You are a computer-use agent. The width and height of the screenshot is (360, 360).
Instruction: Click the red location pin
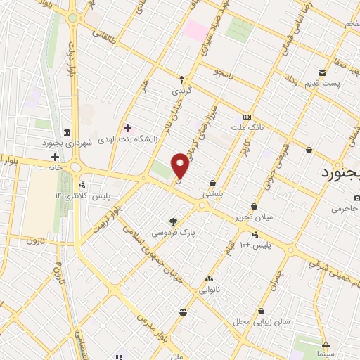pos(181,165)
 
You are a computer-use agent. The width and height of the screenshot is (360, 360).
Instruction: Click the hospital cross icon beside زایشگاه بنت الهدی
pos(127,128)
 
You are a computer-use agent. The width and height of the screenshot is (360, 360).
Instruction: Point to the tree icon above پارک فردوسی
pos(174,221)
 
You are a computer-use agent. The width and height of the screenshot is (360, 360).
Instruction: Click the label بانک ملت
pos(247,128)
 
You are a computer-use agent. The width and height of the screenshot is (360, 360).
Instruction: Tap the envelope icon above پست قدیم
pos(321,73)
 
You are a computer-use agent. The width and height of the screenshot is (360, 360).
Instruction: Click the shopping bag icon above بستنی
pos(212,183)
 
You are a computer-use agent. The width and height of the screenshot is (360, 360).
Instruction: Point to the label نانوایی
pos(210,288)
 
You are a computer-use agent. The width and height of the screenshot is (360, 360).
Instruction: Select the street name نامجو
pos(224,73)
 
